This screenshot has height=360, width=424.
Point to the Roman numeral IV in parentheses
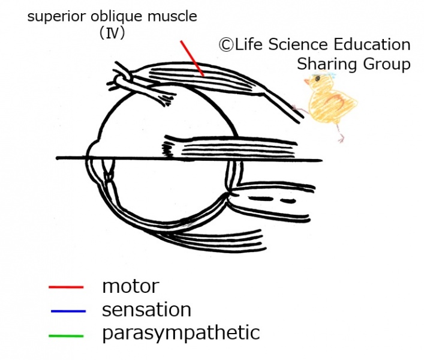click(x=112, y=34)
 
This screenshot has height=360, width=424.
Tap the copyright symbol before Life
click(x=226, y=45)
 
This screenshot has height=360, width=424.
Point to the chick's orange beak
click(x=306, y=83)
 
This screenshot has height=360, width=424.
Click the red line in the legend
click(x=66, y=287)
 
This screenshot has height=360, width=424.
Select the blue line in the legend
click(x=66, y=311)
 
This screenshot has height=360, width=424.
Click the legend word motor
click(x=130, y=286)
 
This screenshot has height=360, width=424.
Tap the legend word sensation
click(x=146, y=310)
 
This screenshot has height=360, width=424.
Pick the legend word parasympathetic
click(x=181, y=332)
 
